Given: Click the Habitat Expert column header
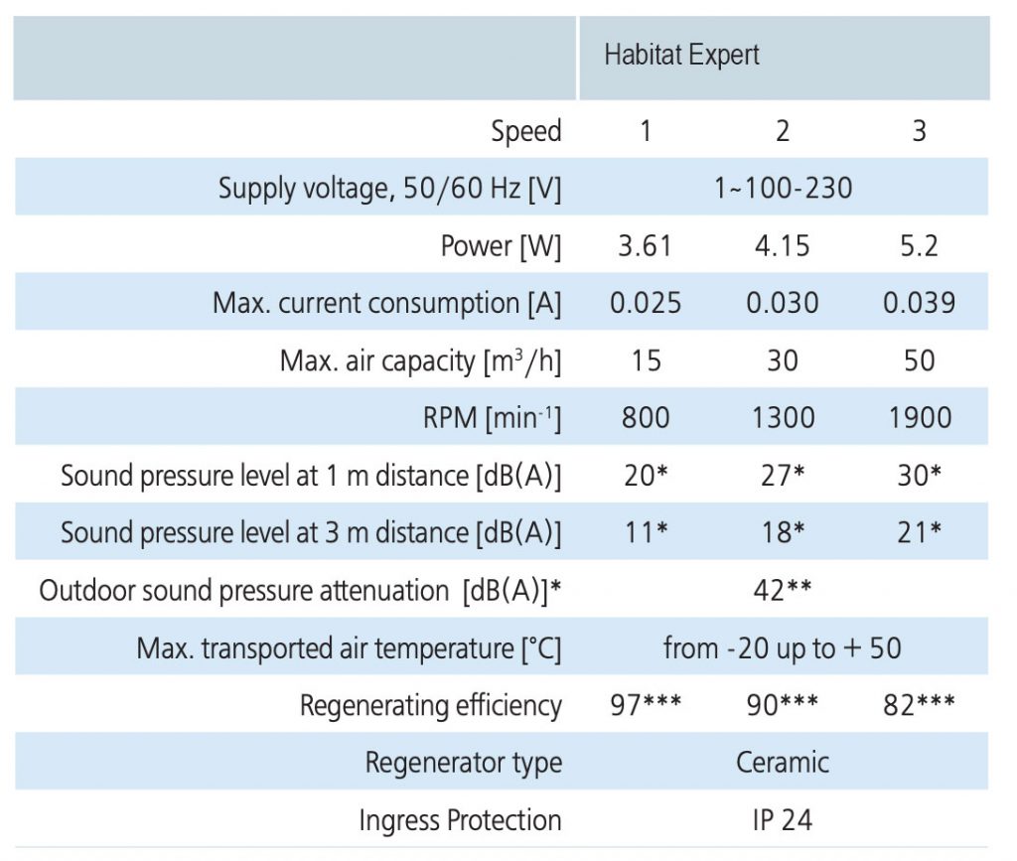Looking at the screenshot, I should pyautogui.click(x=681, y=55).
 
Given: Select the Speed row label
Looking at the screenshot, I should pyautogui.click(x=525, y=131).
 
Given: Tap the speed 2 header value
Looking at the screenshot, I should pyautogui.click(x=783, y=131).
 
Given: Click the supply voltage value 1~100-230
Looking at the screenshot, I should pyautogui.click(x=783, y=188).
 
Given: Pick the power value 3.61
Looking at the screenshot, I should pyautogui.click(x=646, y=245).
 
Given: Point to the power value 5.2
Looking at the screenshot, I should pyautogui.click(x=919, y=245).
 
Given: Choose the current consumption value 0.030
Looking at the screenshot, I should pyautogui.click(x=783, y=303).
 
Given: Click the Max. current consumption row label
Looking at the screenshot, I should pyautogui.click(x=386, y=303).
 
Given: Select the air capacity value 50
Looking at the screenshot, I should pyautogui.click(x=919, y=359).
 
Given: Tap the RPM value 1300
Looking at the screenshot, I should pyautogui.click(x=783, y=417).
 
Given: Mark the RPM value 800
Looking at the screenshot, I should pyautogui.click(x=646, y=417).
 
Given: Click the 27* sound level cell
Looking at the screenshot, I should pyautogui.click(x=783, y=475).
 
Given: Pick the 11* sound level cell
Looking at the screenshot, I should pyautogui.click(x=646, y=532).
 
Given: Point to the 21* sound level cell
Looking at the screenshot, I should pyautogui.click(x=919, y=532).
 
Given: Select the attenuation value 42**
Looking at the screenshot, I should pyautogui.click(x=783, y=590).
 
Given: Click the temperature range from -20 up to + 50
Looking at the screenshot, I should pyautogui.click(x=783, y=648).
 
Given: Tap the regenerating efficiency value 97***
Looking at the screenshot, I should pyautogui.click(x=646, y=705).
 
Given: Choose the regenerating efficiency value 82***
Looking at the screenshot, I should pyautogui.click(x=919, y=705).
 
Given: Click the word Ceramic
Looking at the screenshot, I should pyautogui.click(x=783, y=763).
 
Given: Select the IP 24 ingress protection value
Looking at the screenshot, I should pyautogui.click(x=783, y=820).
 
